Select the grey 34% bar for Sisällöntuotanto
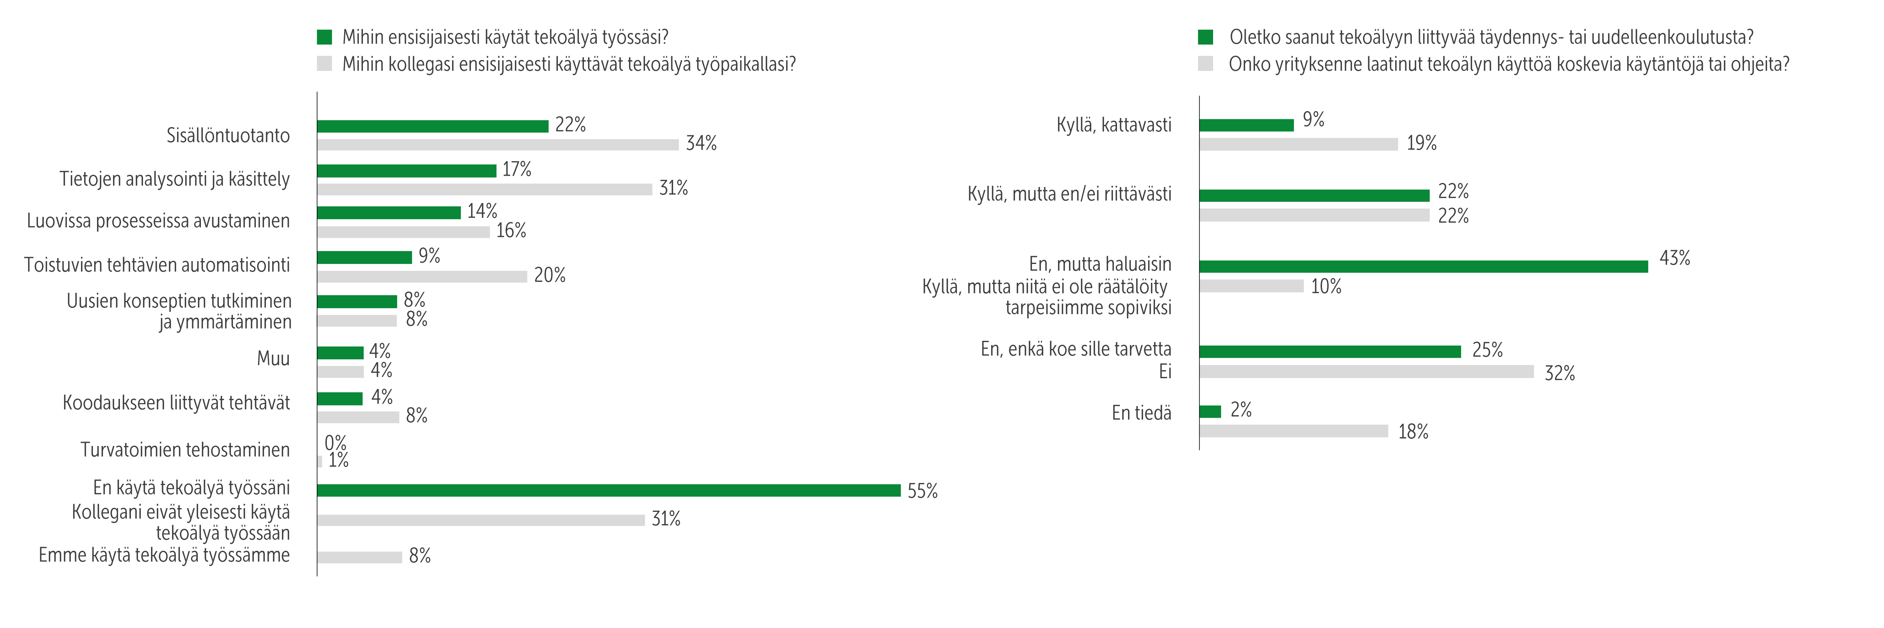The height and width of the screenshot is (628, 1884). click(x=497, y=145)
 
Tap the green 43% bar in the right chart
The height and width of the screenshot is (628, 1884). click(x=1423, y=266)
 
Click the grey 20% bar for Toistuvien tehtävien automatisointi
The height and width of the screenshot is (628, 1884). click(x=422, y=276)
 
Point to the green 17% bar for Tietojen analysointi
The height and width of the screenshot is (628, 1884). click(x=407, y=170)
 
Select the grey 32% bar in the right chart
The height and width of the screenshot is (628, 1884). click(x=1366, y=371)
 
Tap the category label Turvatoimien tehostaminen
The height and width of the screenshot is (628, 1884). click(x=185, y=450)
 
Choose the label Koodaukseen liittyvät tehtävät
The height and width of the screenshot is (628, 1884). click(x=176, y=403)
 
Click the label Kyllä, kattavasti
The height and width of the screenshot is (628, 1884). click(x=1113, y=125)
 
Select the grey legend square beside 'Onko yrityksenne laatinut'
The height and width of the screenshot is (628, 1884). click(x=1205, y=64)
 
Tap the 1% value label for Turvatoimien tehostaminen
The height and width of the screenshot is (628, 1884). click(x=338, y=461)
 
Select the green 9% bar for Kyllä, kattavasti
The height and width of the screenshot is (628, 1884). click(x=1246, y=125)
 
